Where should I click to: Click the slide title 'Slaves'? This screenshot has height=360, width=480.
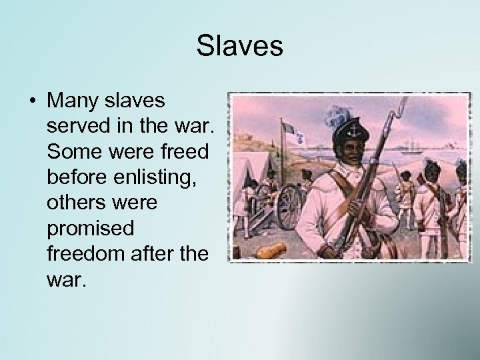tap(240, 47)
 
